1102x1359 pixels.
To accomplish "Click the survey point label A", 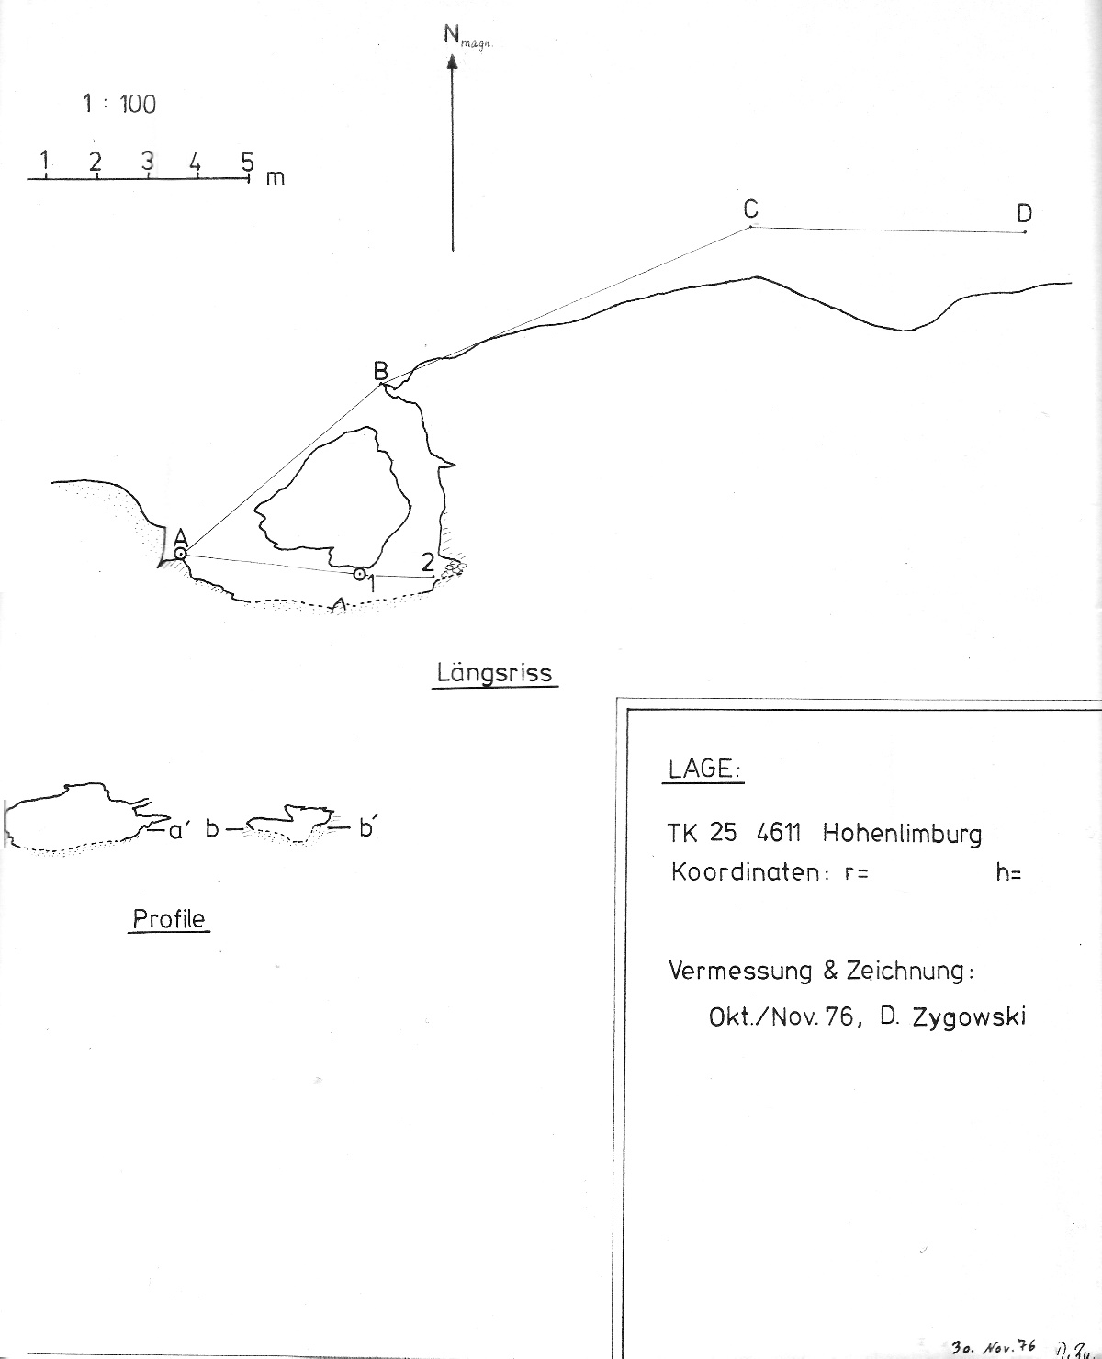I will pos(180,537).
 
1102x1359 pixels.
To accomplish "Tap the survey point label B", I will pos(380,371).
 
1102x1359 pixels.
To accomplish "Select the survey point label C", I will pos(750,209).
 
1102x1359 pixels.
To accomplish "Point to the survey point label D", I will pos(1024,214).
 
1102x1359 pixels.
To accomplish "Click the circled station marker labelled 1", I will pos(359,574).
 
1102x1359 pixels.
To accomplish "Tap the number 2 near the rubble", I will pos(427,563).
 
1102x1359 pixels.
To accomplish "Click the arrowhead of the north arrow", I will pos(452,62).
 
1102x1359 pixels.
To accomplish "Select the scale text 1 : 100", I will pos(119,105).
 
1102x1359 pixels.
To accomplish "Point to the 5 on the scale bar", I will pos(247,163).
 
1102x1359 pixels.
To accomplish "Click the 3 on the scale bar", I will pos(147,161).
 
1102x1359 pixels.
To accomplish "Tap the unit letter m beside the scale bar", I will pos(275,178).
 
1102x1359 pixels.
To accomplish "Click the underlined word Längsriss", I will pos(494,673).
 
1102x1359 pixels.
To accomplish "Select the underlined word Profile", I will pos(169,919).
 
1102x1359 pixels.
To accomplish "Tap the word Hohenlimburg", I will pos(902,834).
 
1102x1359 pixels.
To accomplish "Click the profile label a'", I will pos(179,830).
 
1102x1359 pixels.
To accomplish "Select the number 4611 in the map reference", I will pos(779,834).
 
